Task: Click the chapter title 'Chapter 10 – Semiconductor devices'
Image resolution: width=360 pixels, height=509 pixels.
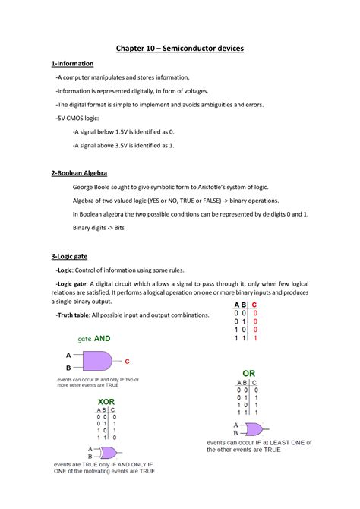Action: (x=179, y=49)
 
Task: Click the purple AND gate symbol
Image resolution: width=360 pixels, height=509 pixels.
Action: (x=94, y=362)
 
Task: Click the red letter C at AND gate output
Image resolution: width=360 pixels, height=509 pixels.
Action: (x=127, y=362)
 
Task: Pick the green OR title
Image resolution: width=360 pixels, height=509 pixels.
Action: (x=248, y=373)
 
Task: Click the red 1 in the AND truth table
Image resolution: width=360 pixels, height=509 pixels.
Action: (x=255, y=337)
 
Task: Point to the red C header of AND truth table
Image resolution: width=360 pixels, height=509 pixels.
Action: (x=255, y=305)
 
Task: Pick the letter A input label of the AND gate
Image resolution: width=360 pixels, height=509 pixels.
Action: (x=68, y=355)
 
